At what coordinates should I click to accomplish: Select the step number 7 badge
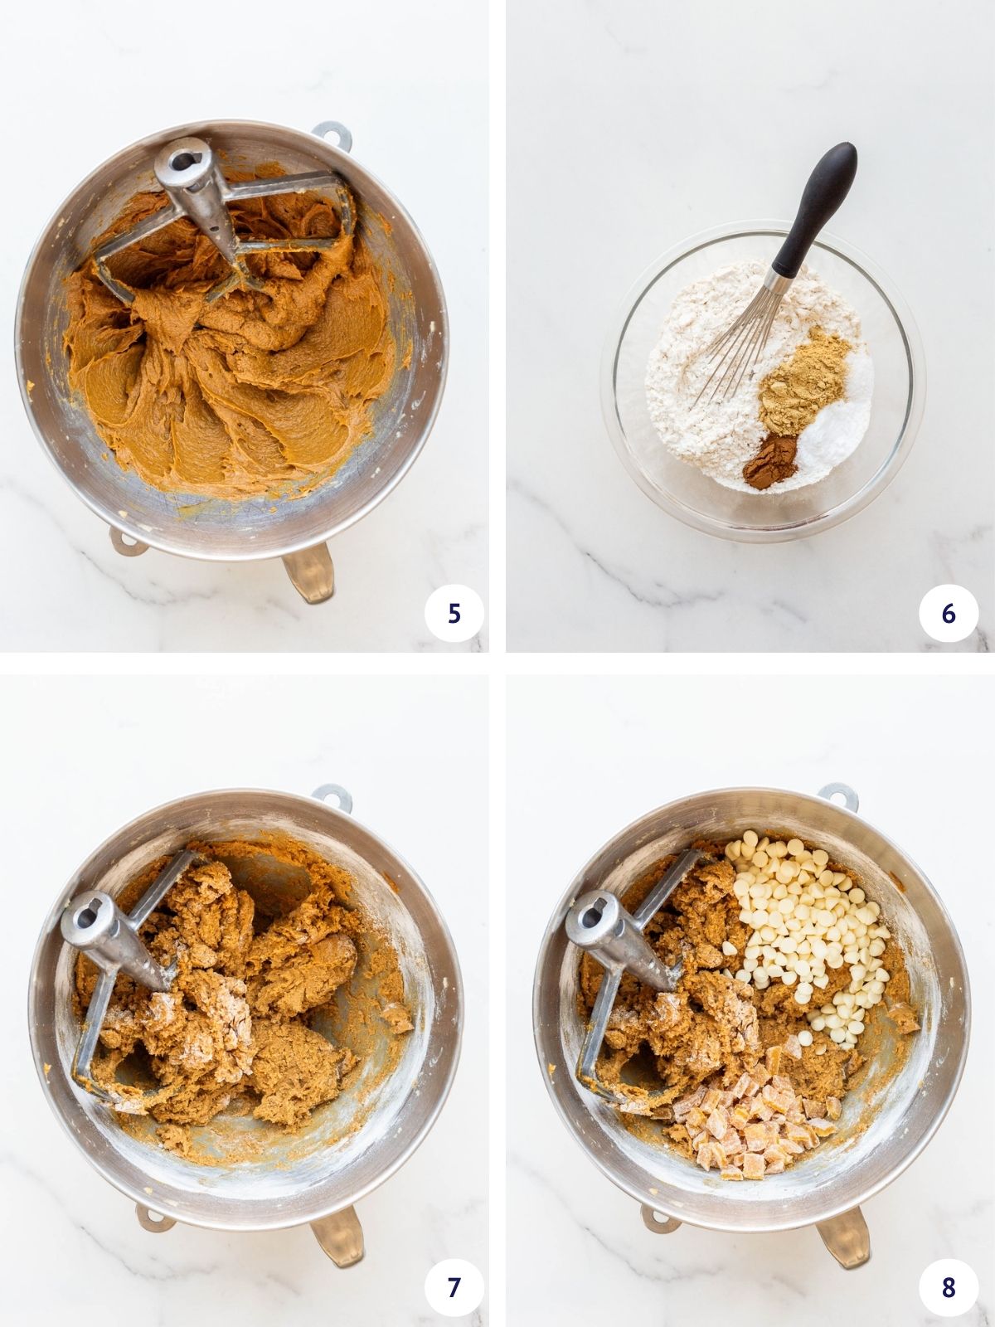point(454,1286)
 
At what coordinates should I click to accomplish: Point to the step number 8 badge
point(949,1286)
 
